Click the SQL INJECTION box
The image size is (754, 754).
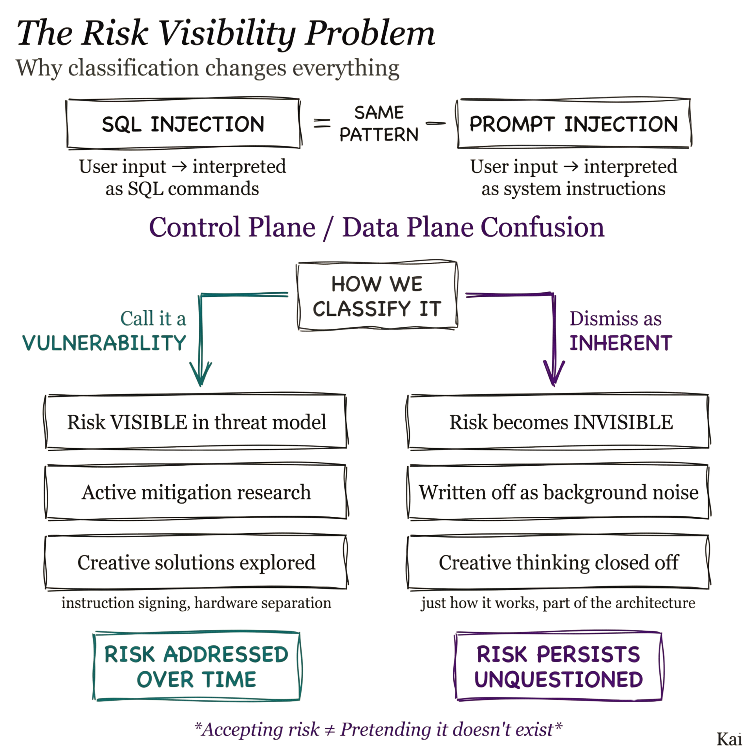183,124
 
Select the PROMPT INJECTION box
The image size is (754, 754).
573,124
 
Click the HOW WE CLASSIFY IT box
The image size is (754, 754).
377,296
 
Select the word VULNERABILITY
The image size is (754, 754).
104,343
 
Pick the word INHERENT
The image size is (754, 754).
621,343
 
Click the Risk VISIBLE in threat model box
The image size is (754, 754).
196,422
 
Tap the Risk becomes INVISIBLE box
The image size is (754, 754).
559,422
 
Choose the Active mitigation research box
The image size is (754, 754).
196,492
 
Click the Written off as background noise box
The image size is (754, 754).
559,492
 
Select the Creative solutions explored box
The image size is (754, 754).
196,562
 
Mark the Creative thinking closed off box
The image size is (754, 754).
559,562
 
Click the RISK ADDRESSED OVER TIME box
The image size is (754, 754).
197,666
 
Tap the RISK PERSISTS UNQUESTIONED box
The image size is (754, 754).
558,666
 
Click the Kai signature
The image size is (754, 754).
729,739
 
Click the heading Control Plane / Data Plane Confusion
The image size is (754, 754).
377,227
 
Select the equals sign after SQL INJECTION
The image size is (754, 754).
322,124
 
